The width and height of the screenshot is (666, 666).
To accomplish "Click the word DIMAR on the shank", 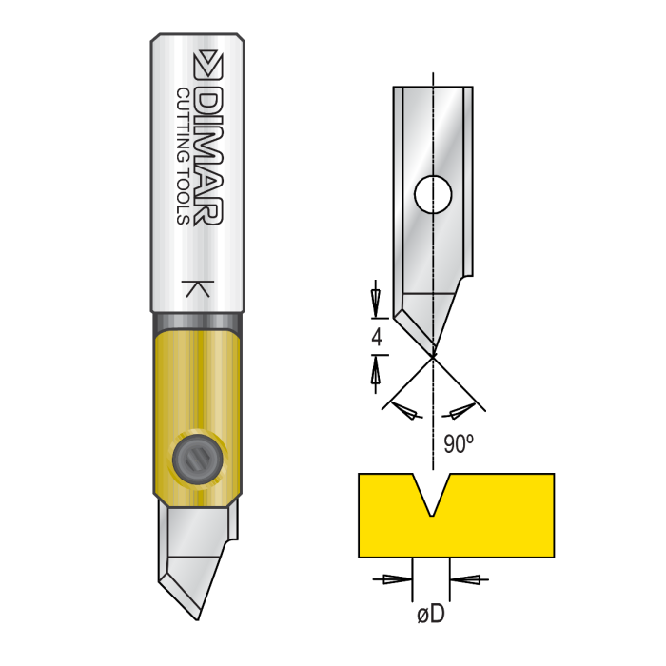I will (x=208, y=158).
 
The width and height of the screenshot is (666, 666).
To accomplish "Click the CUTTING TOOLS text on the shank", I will (x=184, y=157).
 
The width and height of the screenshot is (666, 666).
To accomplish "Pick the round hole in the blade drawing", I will (x=432, y=194).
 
